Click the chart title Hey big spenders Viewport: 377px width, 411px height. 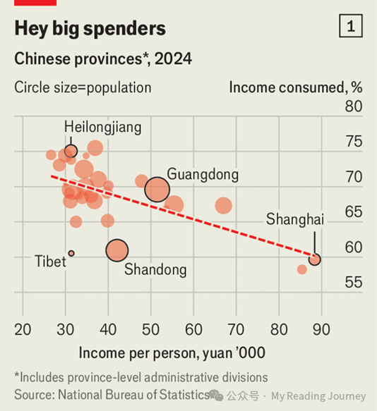click(x=90, y=29)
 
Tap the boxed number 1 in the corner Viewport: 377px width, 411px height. click(x=351, y=27)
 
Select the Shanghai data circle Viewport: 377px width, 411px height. click(x=315, y=259)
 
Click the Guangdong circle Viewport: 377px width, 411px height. click(x=157, y=189)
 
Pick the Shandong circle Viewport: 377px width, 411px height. click(x=117, y=250)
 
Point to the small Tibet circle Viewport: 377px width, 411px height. click(x=71, y=253)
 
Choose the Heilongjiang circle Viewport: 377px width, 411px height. click(x=71, y=151)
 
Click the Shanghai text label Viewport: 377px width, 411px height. click(x=294, y=219)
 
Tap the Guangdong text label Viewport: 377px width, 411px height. click(x=203, y=174)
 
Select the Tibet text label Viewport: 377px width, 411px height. click(x=50, y=262)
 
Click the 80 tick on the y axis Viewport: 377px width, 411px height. click(x=353, y=107)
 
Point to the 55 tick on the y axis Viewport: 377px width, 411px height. click(x=353, y=283)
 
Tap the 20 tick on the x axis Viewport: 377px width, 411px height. click(x=23, y=329)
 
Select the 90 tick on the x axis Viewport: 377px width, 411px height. click(x=321, y=329)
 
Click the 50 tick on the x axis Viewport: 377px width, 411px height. click(x=150, y=329)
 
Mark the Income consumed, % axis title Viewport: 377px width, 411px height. click(x=295, y=87)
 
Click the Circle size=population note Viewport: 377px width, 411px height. click(x=83, y=87)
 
